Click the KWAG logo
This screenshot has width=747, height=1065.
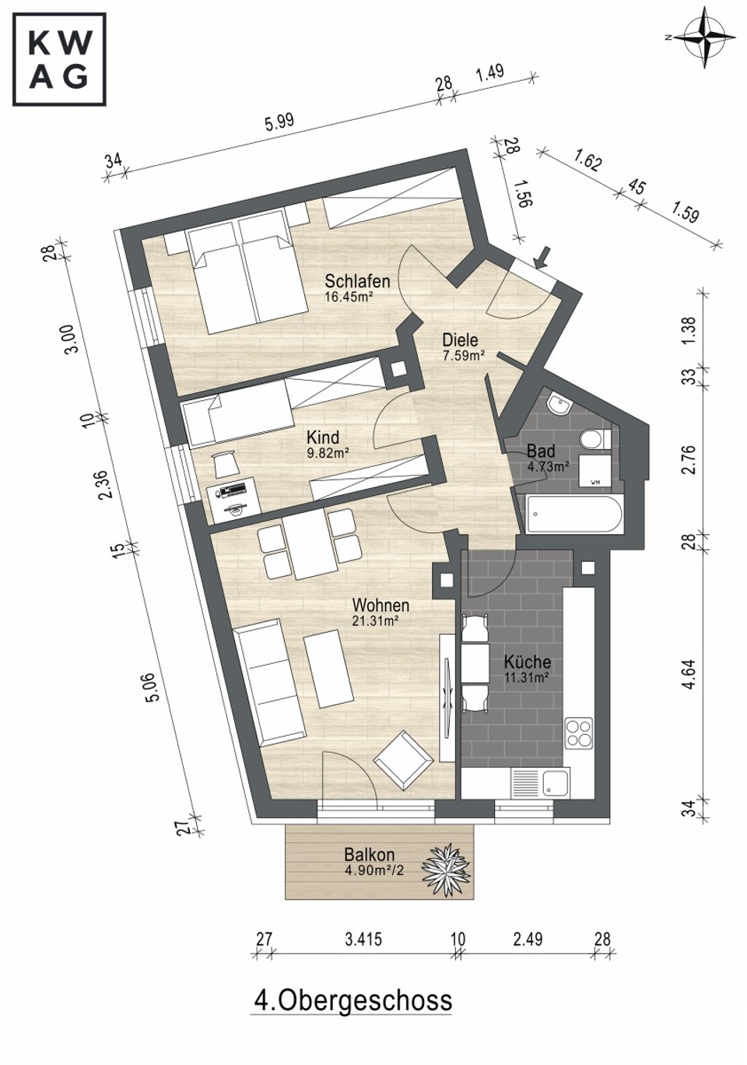tap(59, 60)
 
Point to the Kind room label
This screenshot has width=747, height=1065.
tap(323, 437)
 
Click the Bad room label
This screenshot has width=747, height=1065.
tap(541, 450)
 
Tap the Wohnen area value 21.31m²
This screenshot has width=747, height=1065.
tap(375, 620)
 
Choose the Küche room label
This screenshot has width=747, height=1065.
tap(528, 662)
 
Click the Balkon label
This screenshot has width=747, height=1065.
tap(370, 854)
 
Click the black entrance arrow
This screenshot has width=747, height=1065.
tap(542, 257)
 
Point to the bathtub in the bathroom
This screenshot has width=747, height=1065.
tap(573, 515)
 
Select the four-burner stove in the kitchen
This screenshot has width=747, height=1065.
tap(579, 733)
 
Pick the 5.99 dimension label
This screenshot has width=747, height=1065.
tap(279, 123)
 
